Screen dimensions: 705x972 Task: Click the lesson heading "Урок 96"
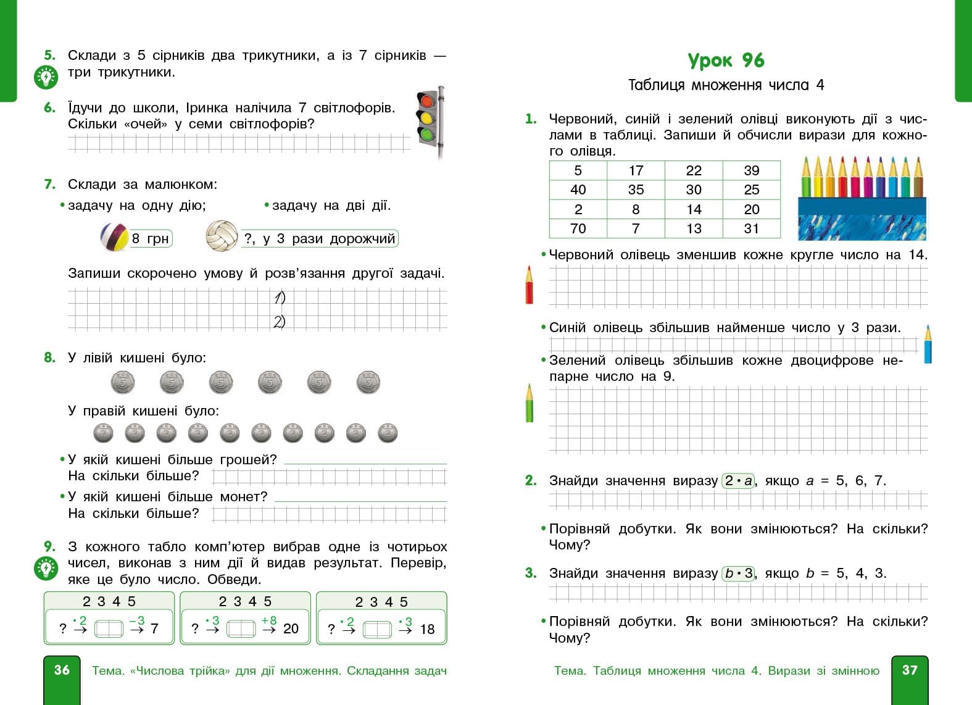pyautogui.click(x=726, y=60)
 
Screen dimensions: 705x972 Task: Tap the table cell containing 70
pyautogui.click(x=578, y=228)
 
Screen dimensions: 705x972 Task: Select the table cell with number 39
pyautogui.click(x=751, y=170)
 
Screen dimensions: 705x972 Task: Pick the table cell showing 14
pyautogui.click(x=694, y=209)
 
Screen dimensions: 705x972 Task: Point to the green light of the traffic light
pyautogui.click(x=426, y=133)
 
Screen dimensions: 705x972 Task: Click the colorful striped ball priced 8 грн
pyautogui.click(x=114, y=238)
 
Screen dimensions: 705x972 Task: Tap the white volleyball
pyautogui.click(x=222, y=236)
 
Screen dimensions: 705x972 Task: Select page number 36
pyautogui.click(x=62, y=670)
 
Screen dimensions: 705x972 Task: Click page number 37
pyautogui.click(x=910, y=670)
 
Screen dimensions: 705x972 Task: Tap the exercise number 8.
pyautogui.click(x=50, y=357)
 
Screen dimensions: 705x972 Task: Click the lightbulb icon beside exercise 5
pyautogui.click(x=46, y=77)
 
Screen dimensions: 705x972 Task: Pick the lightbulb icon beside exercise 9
pyautogui.click(x=46, y=568)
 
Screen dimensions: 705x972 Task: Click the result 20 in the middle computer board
pyautogui.click(x=291, y=628)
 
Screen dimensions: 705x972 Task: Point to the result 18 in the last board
pyautogui.click(x=427, y=629)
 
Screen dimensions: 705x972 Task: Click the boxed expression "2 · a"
pyautogui.click(x=738, y=480)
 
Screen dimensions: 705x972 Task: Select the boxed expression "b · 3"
pyautogui.click(x=738, y=573)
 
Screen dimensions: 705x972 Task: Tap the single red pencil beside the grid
pyautogui.click(x=529, y=285)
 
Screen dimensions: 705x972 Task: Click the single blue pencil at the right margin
pyautogui.click(x=928, y=344)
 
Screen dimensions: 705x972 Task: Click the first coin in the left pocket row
pyautogui.click(x=123, y=383)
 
